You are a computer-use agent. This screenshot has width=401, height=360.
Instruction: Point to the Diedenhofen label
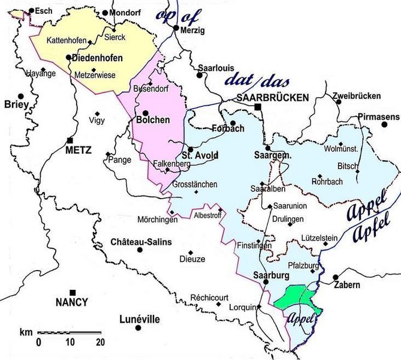pyautogui.click(x=97, y=58)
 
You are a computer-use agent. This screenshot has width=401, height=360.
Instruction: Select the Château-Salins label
pyautogui.click(x=141, y=242)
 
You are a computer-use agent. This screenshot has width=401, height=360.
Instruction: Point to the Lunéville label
pyautogui.click(x=140, y=319)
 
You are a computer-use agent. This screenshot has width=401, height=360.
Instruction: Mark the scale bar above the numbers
pyautogui.click(x=69, y=332)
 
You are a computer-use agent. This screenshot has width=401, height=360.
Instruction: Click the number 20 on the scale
pyautogui.click(x=99, y=342)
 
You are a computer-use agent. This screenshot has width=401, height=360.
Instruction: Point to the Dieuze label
pyautogui.click(x=192, y=259)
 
